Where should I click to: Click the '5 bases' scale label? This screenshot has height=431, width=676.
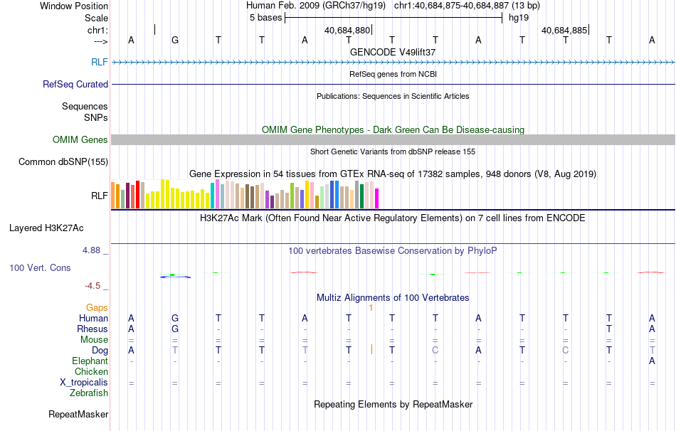265,18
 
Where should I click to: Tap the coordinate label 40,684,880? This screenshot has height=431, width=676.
347,31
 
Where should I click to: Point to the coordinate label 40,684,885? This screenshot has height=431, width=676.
564,31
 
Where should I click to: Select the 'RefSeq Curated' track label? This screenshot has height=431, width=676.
75,84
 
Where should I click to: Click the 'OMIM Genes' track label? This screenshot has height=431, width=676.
80,140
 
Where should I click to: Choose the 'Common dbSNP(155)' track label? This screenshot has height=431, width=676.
63,162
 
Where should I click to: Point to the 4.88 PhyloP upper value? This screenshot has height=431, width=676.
93,250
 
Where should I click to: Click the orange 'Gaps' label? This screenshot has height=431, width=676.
97,307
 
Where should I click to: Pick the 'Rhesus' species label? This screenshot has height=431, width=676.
93,329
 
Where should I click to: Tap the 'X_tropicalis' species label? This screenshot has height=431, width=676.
84,383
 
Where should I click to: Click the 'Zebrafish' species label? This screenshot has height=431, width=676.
89,393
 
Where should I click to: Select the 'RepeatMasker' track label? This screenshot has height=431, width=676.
78,414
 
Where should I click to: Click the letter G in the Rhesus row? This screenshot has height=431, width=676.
175,329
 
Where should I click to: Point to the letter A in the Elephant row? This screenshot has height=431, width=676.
652,361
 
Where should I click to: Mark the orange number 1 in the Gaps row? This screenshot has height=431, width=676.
371,307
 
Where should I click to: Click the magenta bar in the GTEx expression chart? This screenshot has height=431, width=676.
376,198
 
